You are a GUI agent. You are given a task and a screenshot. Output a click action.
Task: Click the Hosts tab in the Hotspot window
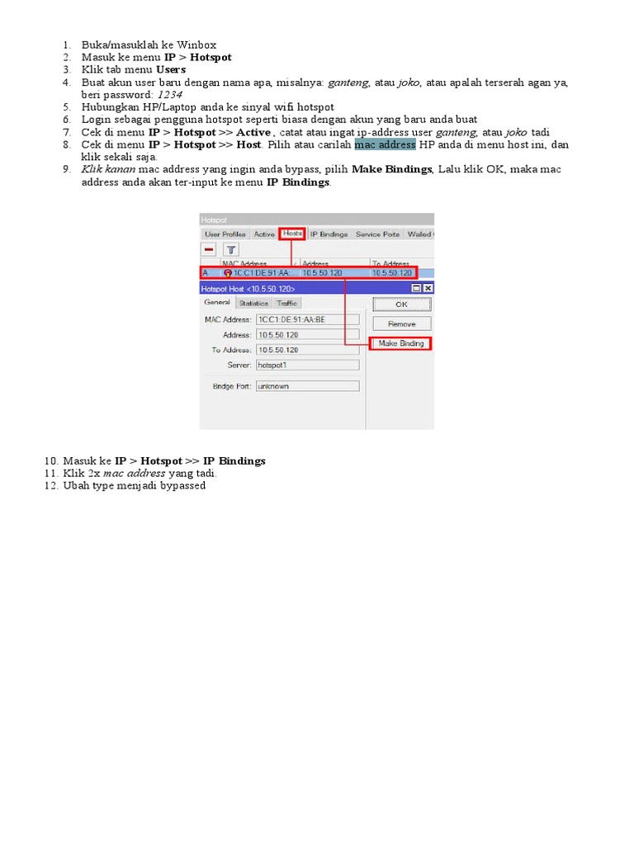(292, 234)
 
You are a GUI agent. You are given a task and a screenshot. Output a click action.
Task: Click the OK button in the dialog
(401, 304)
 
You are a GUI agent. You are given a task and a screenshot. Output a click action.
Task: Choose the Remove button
(401, 324)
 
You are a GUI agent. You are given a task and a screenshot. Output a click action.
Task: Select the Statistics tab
(253, 304)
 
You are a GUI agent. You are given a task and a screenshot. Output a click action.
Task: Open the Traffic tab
(286, 304)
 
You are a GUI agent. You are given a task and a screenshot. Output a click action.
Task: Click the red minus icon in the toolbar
(210, 249)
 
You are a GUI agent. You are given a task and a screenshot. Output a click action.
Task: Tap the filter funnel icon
(232, 249)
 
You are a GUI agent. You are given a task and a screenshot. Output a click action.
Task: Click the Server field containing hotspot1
(307, 365)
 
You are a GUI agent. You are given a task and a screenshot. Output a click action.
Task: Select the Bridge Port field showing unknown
(307, 386)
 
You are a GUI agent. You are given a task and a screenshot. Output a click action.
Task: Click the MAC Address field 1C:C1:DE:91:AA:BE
(307, 319)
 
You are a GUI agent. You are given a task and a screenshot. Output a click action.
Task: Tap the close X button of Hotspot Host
(428, 288)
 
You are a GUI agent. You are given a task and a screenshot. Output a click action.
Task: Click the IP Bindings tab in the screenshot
(329, 234)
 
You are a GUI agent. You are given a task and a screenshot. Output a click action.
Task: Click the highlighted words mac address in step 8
(385, 145)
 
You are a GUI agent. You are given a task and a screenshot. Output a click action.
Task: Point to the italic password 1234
(169, 95)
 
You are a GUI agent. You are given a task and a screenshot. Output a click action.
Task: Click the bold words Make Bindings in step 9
(391, 169)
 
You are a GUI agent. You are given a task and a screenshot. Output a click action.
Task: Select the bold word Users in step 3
(171, 70)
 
